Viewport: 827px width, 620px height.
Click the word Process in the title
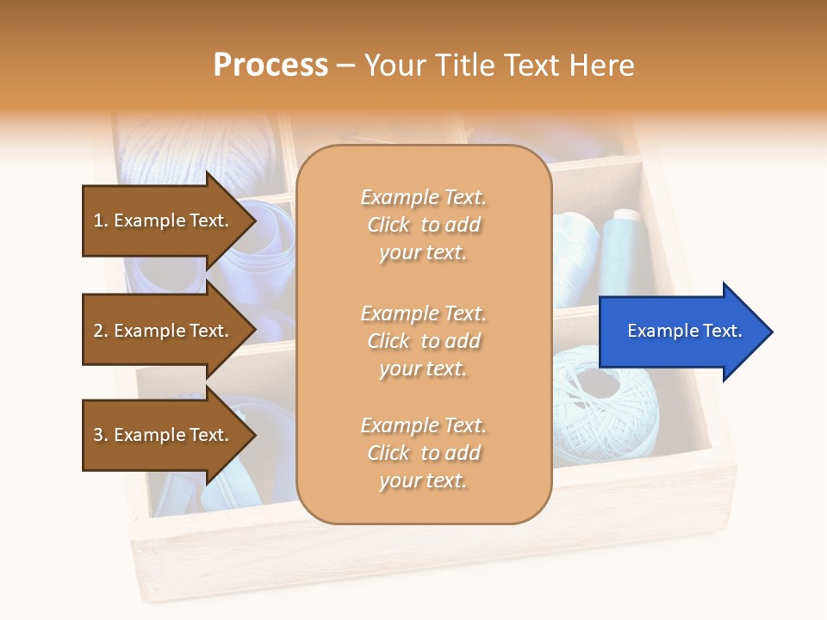270,65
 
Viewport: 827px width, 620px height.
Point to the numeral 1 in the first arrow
98,221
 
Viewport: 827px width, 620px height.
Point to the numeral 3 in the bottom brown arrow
98,435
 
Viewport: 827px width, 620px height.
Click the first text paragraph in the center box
423,225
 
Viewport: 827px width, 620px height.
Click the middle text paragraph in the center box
423,341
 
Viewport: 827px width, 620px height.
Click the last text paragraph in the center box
423,453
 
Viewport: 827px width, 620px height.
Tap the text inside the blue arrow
685,331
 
